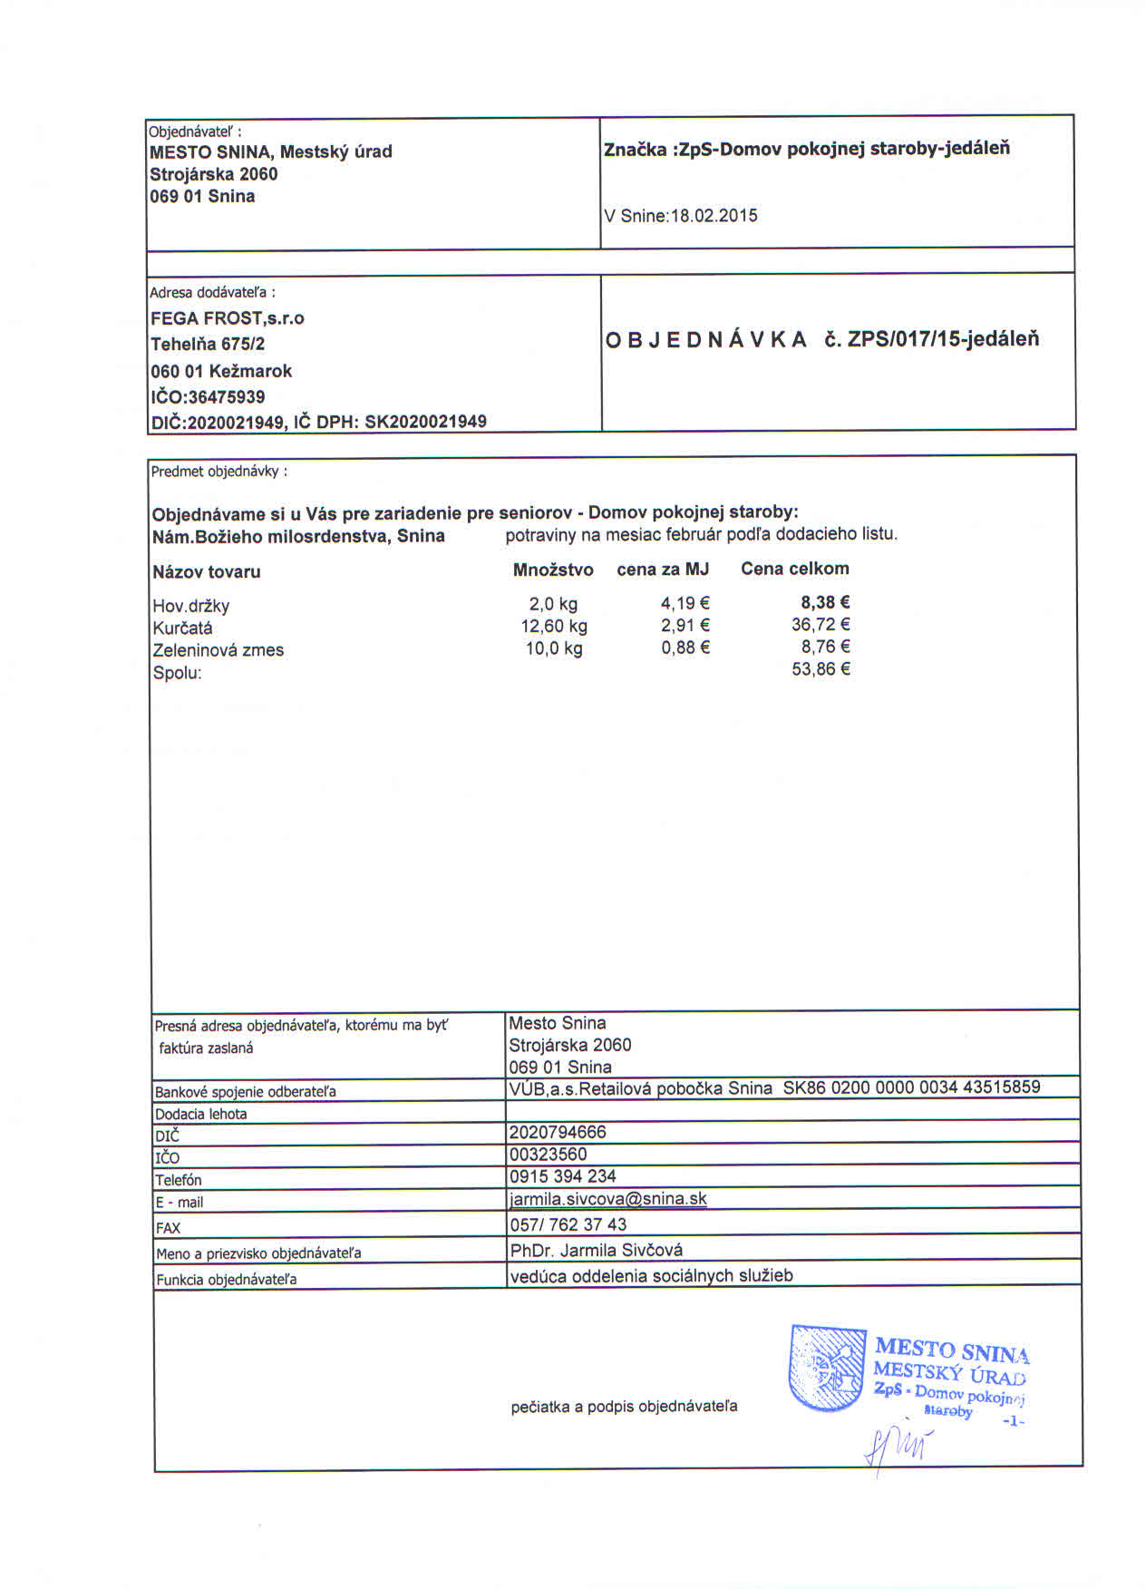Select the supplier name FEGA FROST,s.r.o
[228, 318]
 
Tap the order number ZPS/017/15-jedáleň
[943, 339]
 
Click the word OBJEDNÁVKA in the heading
[705, 340]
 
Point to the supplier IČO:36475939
[208, 396]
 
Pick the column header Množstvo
[553, 570]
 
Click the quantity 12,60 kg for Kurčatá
[553, 626]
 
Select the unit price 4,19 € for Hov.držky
[685, 603]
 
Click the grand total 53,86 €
[821, 669]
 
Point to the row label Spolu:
[177, 673]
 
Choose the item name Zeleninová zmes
[218, 650]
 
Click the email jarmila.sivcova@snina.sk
[607, 1199]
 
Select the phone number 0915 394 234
[562, 1176]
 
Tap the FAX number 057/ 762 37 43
[568, 1224]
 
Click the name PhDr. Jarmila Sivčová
[596, 1251]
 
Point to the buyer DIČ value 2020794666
[558, 1132]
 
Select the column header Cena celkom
[794, 569]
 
